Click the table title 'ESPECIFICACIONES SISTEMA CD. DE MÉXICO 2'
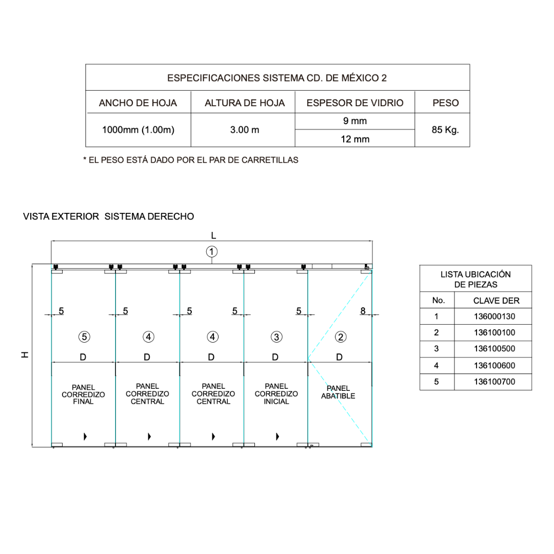click(277, 78)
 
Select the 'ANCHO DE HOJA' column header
click(138, 103)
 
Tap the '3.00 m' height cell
click(245, 130)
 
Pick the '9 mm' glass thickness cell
click(355, 122)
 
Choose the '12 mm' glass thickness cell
click(355, 139)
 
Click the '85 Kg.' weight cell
click(445, 130)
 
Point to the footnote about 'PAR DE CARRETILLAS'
click(191, 160)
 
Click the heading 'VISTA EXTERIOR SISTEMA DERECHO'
click(109, 216)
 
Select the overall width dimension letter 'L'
click(213, 235)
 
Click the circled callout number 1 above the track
click(212, 251)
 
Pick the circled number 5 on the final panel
click(84, 337)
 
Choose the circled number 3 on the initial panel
click(276, 337)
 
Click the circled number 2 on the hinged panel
click(341, 337)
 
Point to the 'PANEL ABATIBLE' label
click(338, 392)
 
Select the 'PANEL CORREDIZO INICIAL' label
click(276, 394)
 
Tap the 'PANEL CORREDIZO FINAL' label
click(83, 394)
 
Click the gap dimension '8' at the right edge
click(363, 310)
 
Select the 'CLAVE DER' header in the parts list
click(496, 301)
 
